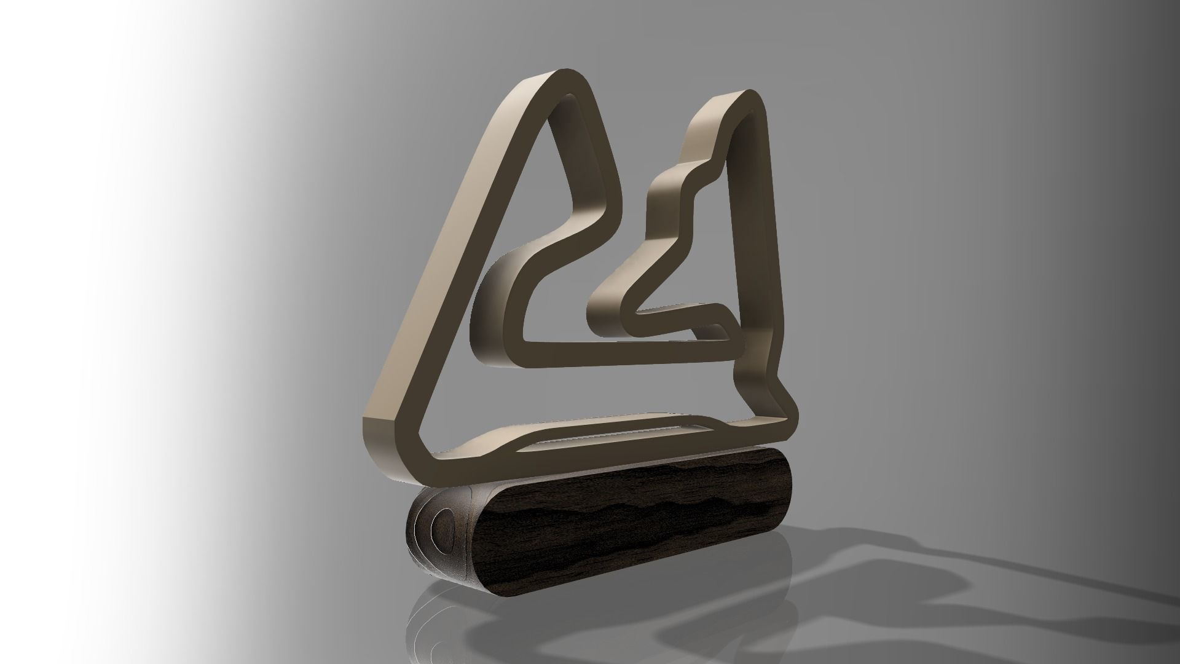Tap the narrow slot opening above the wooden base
(x=615, y=434)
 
